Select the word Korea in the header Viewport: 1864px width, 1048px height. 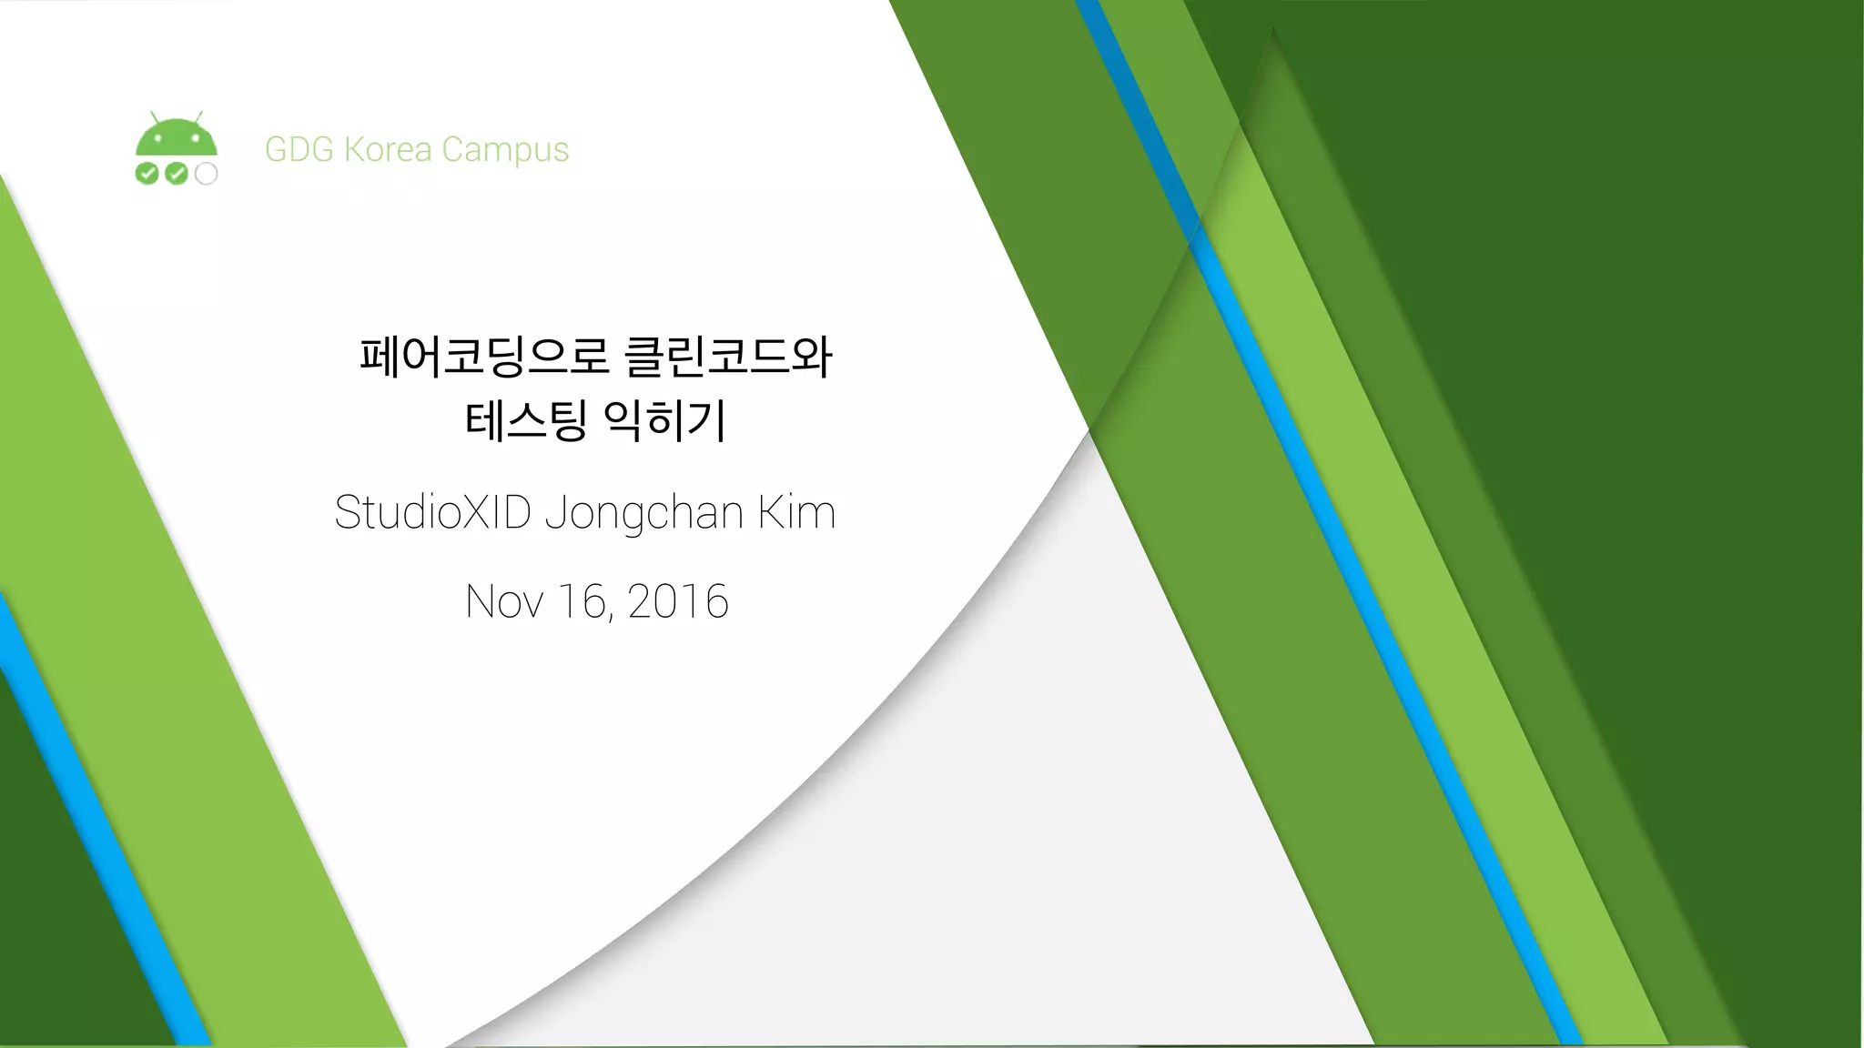click(388, 149)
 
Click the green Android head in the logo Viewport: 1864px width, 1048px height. click(177, 140)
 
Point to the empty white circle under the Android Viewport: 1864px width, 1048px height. click(207, 174)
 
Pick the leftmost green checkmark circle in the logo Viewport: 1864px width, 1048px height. click(147, 174)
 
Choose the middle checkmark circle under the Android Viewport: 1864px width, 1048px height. click(177, 174)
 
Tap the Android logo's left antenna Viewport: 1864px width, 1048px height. click(156, 118)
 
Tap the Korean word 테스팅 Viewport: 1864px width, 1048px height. click(525, 420)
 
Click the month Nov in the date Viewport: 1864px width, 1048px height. click(505, 601)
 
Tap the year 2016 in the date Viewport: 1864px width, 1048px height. click(678, 601)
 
